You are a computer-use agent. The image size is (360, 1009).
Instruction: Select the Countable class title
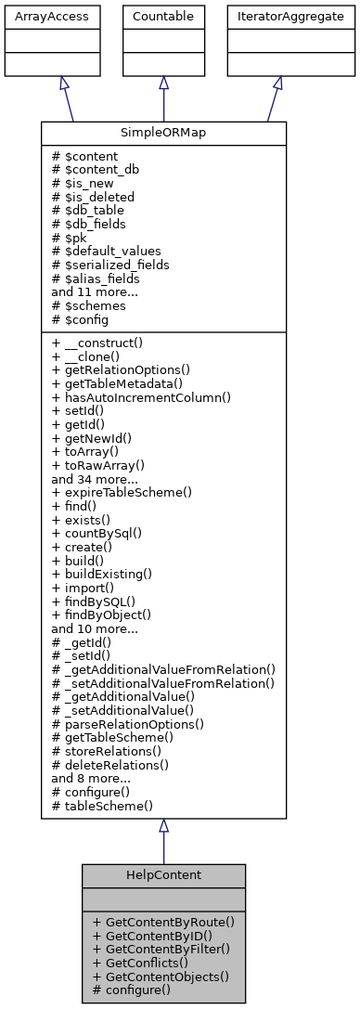(163, 16)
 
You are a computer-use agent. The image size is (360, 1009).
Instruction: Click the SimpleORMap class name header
(163, 132)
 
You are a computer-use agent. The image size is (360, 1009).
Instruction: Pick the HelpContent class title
(163, 875)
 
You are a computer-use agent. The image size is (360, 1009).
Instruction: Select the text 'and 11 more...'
(95, 291)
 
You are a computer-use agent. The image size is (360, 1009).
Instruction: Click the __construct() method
(102, 343)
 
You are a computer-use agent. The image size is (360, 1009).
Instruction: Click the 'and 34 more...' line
(95, 477)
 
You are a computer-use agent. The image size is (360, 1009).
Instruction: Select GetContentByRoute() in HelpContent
(163, 922)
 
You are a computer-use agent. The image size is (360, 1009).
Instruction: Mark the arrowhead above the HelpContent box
(163, 826)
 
